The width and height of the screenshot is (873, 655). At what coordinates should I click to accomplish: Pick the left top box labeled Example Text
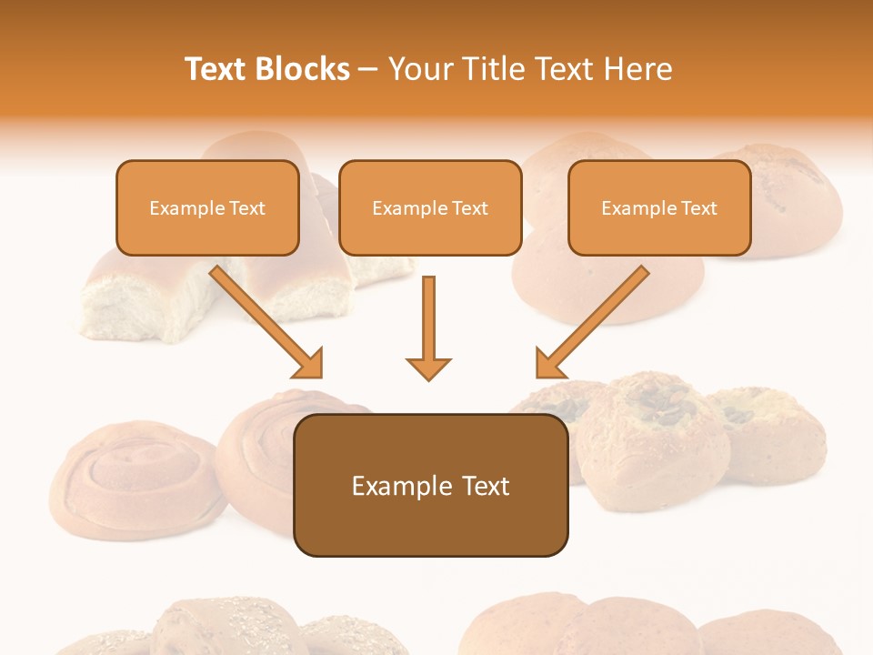click(207, 208)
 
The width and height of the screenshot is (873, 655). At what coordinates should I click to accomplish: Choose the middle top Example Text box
click(430, 208)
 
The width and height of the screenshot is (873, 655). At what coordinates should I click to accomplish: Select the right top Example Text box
click(659, 208)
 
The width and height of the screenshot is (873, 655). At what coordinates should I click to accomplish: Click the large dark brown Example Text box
click(430, 486)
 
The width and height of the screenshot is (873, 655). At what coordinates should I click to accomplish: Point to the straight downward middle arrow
click(428, 318)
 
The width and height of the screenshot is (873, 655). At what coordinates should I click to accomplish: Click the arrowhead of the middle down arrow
click(428, 368)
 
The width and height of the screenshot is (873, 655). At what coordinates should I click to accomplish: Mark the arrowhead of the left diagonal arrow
click(309, 364)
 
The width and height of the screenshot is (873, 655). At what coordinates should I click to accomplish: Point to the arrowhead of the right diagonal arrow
click(548, 364)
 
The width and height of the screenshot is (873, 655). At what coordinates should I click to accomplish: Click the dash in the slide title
click(369, 69)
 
